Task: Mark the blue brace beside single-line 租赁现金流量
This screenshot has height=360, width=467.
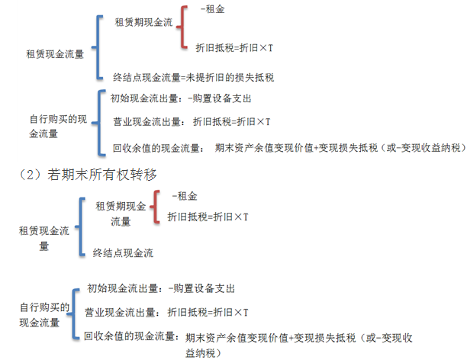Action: click(x=98, y=47)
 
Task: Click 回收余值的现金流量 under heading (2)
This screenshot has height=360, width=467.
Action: click(x=130, y=336)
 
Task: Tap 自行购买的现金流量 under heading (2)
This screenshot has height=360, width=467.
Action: click(x=44, y=315)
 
